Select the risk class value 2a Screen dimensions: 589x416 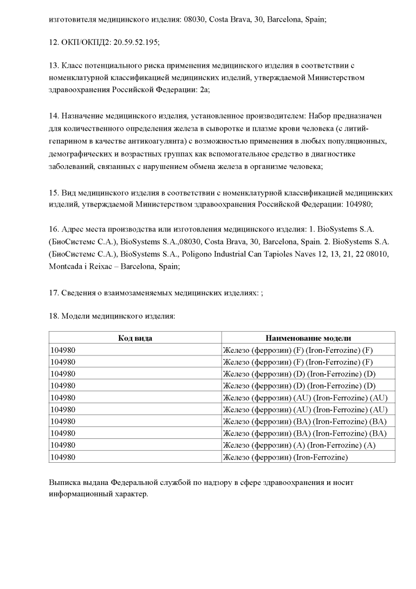(x=203, y=90)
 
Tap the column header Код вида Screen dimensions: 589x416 (x=135, y=338)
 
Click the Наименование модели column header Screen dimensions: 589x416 (x=308, y=338)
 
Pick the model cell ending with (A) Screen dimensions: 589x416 (x=299, y=445)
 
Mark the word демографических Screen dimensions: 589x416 (x=78, y=154)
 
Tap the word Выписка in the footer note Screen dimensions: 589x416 (x=64, y=482)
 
